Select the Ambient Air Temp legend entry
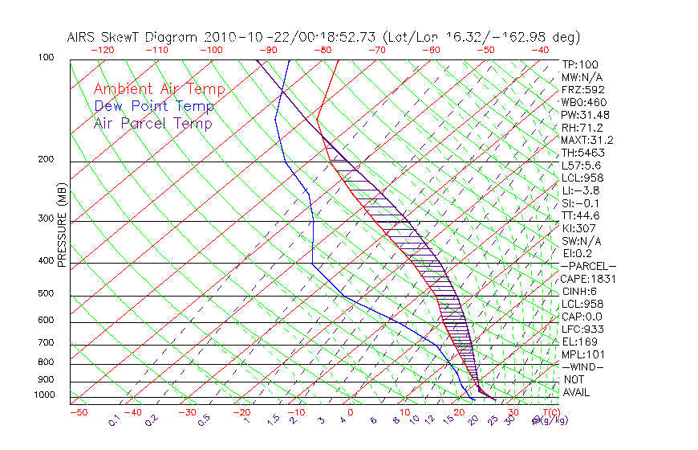(159, 89)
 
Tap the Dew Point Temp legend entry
(153, 106)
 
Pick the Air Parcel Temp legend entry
(152, 123)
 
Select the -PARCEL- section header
(588, 266)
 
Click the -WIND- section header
(582, 366)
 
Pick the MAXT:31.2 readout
(586, 140)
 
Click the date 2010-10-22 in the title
(241, 37)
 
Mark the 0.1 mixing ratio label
(114, 420)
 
